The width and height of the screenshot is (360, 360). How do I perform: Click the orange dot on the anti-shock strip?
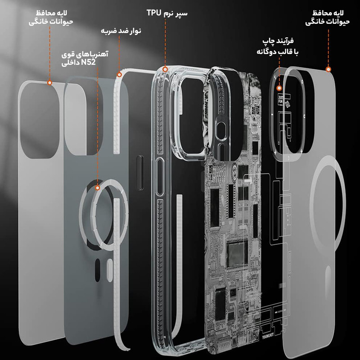point(119,73)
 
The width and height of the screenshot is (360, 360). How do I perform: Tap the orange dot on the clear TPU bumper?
point(165,69)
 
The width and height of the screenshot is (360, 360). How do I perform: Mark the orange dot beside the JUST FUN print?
point(279,89)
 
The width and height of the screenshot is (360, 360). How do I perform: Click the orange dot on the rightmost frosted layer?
point(328,69)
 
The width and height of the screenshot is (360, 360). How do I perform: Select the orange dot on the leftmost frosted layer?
point(49,83)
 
